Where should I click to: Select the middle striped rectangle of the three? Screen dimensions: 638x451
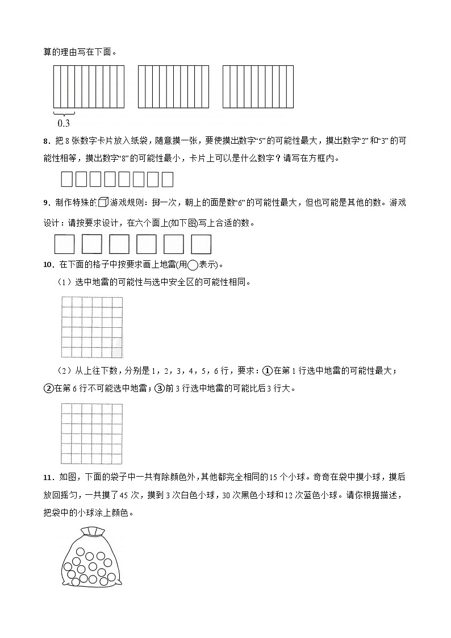173,86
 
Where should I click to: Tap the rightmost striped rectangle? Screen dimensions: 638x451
258,86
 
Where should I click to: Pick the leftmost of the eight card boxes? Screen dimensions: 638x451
66,180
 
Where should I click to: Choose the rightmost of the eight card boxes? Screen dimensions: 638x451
167,180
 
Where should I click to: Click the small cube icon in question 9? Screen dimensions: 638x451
103,202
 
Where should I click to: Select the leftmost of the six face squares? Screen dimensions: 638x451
64,244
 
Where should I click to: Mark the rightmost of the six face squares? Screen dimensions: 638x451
201,244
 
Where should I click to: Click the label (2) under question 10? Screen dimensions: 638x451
63,371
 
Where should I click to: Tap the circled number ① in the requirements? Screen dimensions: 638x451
266,371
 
